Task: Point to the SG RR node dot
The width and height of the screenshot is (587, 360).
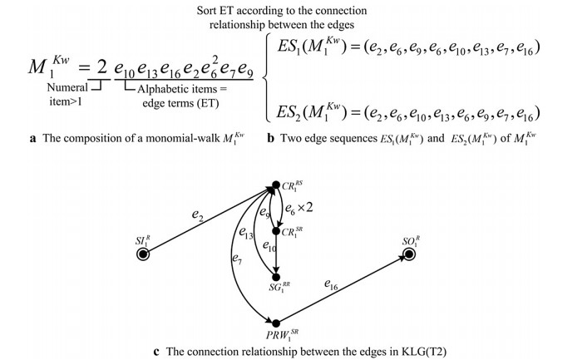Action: pyautogui.click(x=275, y=277)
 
